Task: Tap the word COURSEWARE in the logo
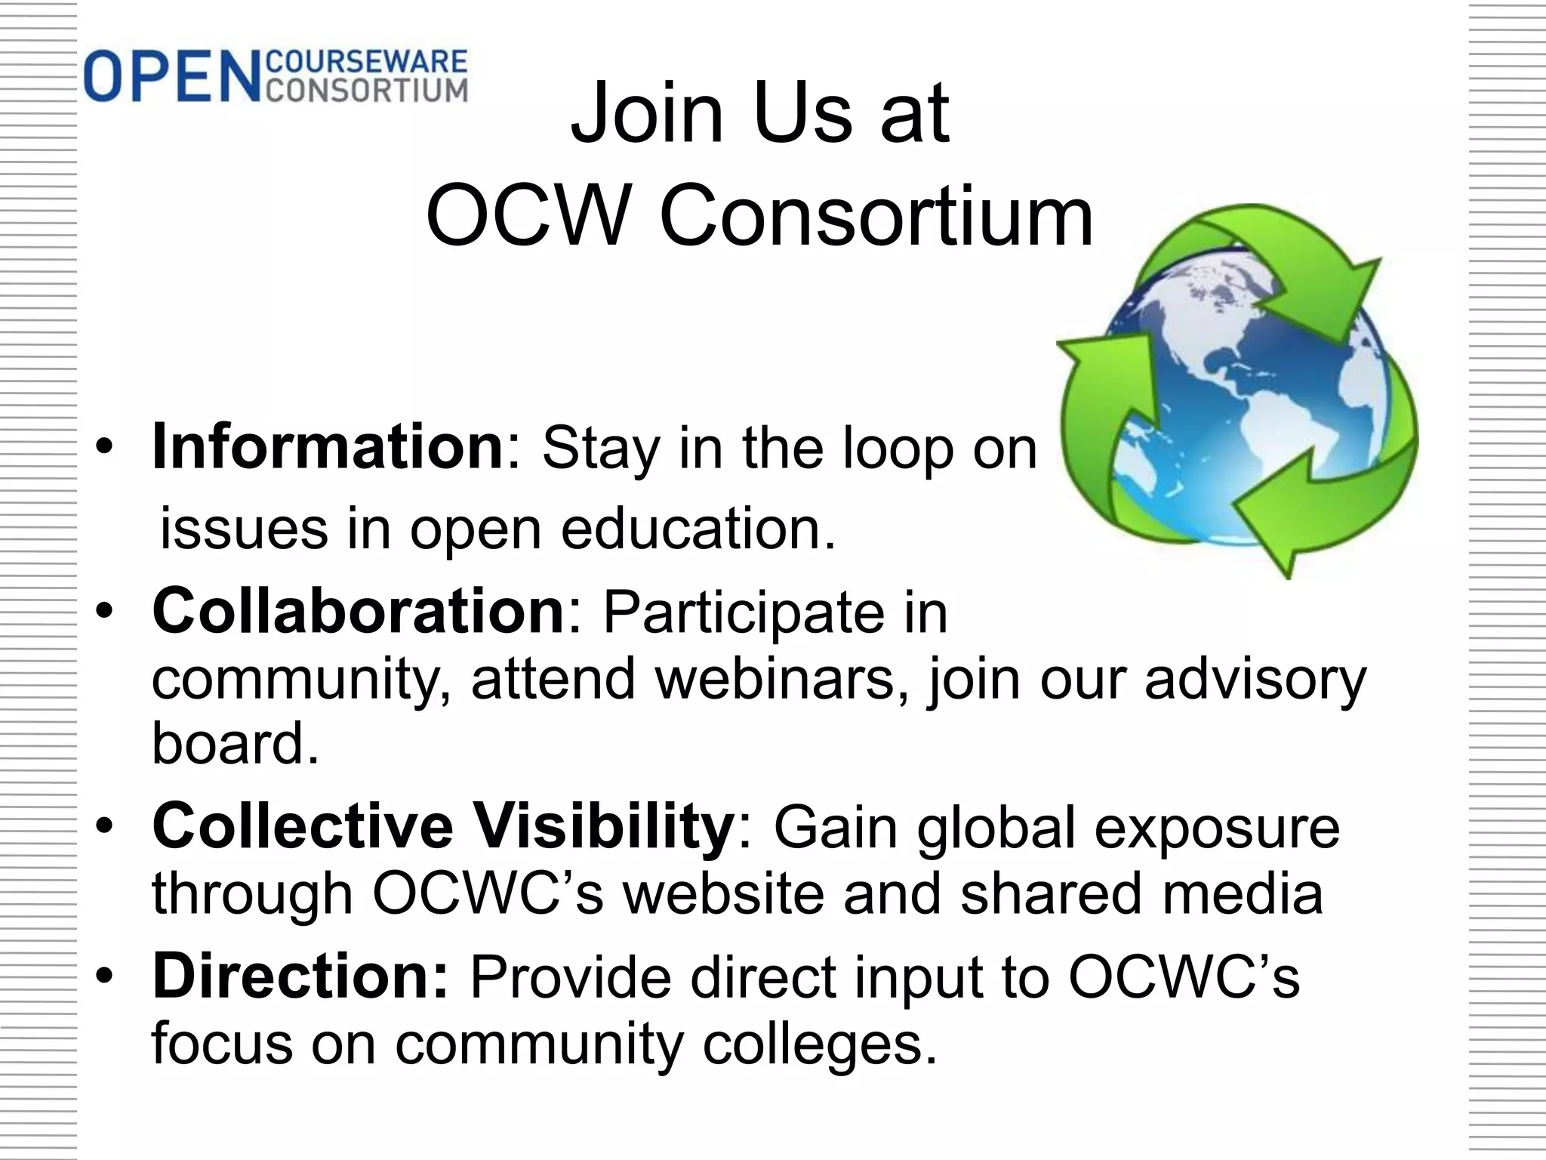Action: (368, 62)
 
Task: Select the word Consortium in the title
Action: (876, 217)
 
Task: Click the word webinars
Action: (781, 678)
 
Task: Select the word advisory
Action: (1255, 678)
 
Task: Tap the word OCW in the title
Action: (528, 217)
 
